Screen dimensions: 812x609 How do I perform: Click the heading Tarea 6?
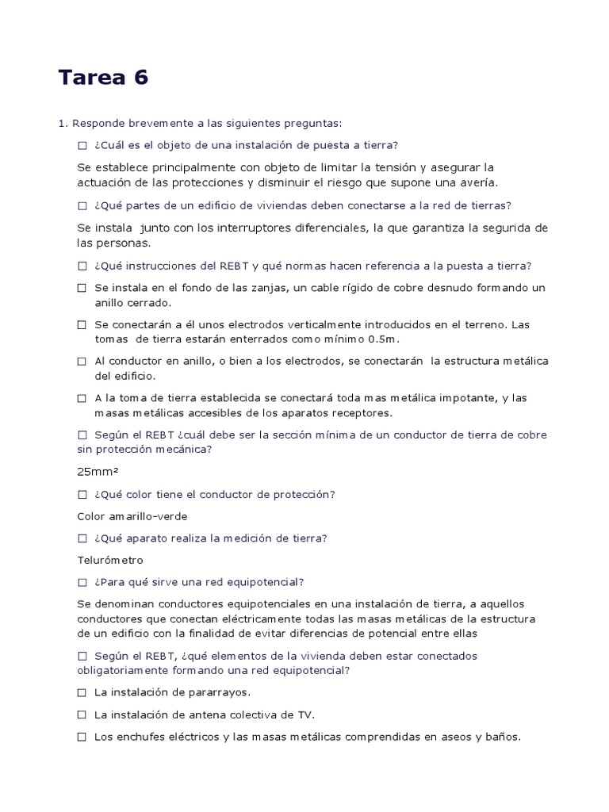[x=103, y=78]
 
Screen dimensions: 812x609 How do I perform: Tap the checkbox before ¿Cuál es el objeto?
[x=82, y=145]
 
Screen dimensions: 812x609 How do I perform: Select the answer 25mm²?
[x=97, y=472]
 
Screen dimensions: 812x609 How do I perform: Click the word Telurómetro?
[x=110, y=560]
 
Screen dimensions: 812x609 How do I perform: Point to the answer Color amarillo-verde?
[x=132, y=516]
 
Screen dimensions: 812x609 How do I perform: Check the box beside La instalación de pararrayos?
[x=82, y=692]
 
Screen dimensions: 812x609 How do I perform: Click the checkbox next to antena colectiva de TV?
[x=82, y=714]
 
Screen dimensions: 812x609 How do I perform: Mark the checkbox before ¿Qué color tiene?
[x=82, y=495]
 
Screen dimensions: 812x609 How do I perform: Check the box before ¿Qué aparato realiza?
[x=82, y=538]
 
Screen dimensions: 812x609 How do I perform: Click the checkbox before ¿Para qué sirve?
[x=82, y=582]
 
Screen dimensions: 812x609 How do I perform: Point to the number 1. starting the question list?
[x=63, y=123]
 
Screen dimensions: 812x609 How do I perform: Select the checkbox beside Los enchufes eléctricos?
[x=82, y=737]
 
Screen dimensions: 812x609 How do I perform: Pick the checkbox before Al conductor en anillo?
[x=82, y=362]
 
